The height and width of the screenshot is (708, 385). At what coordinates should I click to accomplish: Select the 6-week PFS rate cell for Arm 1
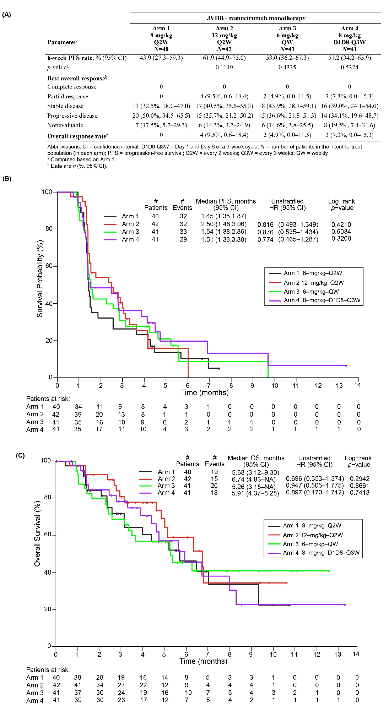point(161,58)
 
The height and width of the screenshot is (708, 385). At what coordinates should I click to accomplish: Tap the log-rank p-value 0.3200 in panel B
point(341,239)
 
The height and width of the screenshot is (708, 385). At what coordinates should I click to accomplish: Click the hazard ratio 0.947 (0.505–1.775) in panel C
point(315,486)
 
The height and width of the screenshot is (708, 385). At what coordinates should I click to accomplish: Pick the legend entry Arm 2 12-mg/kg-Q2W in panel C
point(306,535)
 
